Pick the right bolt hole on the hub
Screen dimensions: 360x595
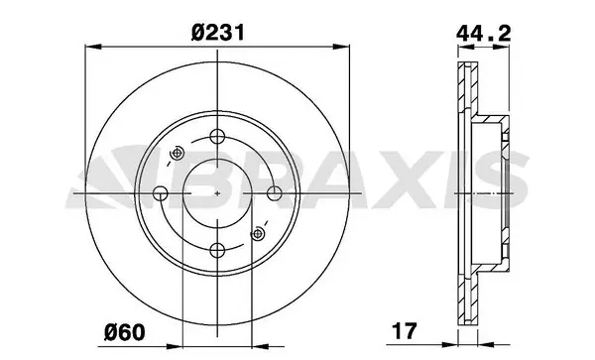coord(275,193)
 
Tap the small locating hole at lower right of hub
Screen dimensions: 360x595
coord(260,233)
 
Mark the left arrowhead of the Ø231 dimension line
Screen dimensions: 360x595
coord(91,46)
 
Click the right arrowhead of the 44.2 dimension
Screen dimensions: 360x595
coord(511,46)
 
